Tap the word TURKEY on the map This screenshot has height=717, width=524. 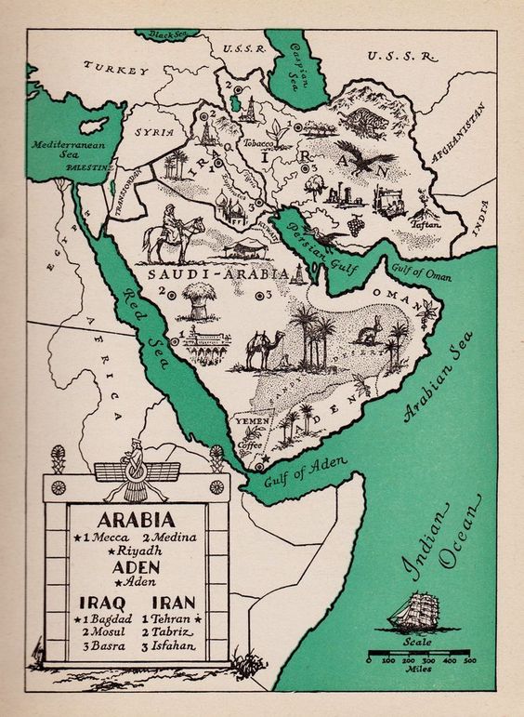tap(116, 68)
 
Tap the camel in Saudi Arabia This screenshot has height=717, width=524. tap(259, 348)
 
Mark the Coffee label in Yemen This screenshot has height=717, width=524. tap(250, 445)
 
